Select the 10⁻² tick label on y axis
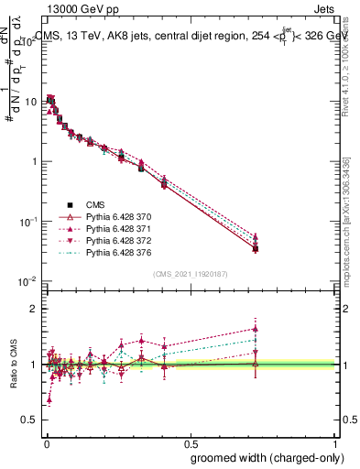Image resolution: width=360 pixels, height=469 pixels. [27, 281]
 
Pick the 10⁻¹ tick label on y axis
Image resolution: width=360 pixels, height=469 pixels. [27, 222]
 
